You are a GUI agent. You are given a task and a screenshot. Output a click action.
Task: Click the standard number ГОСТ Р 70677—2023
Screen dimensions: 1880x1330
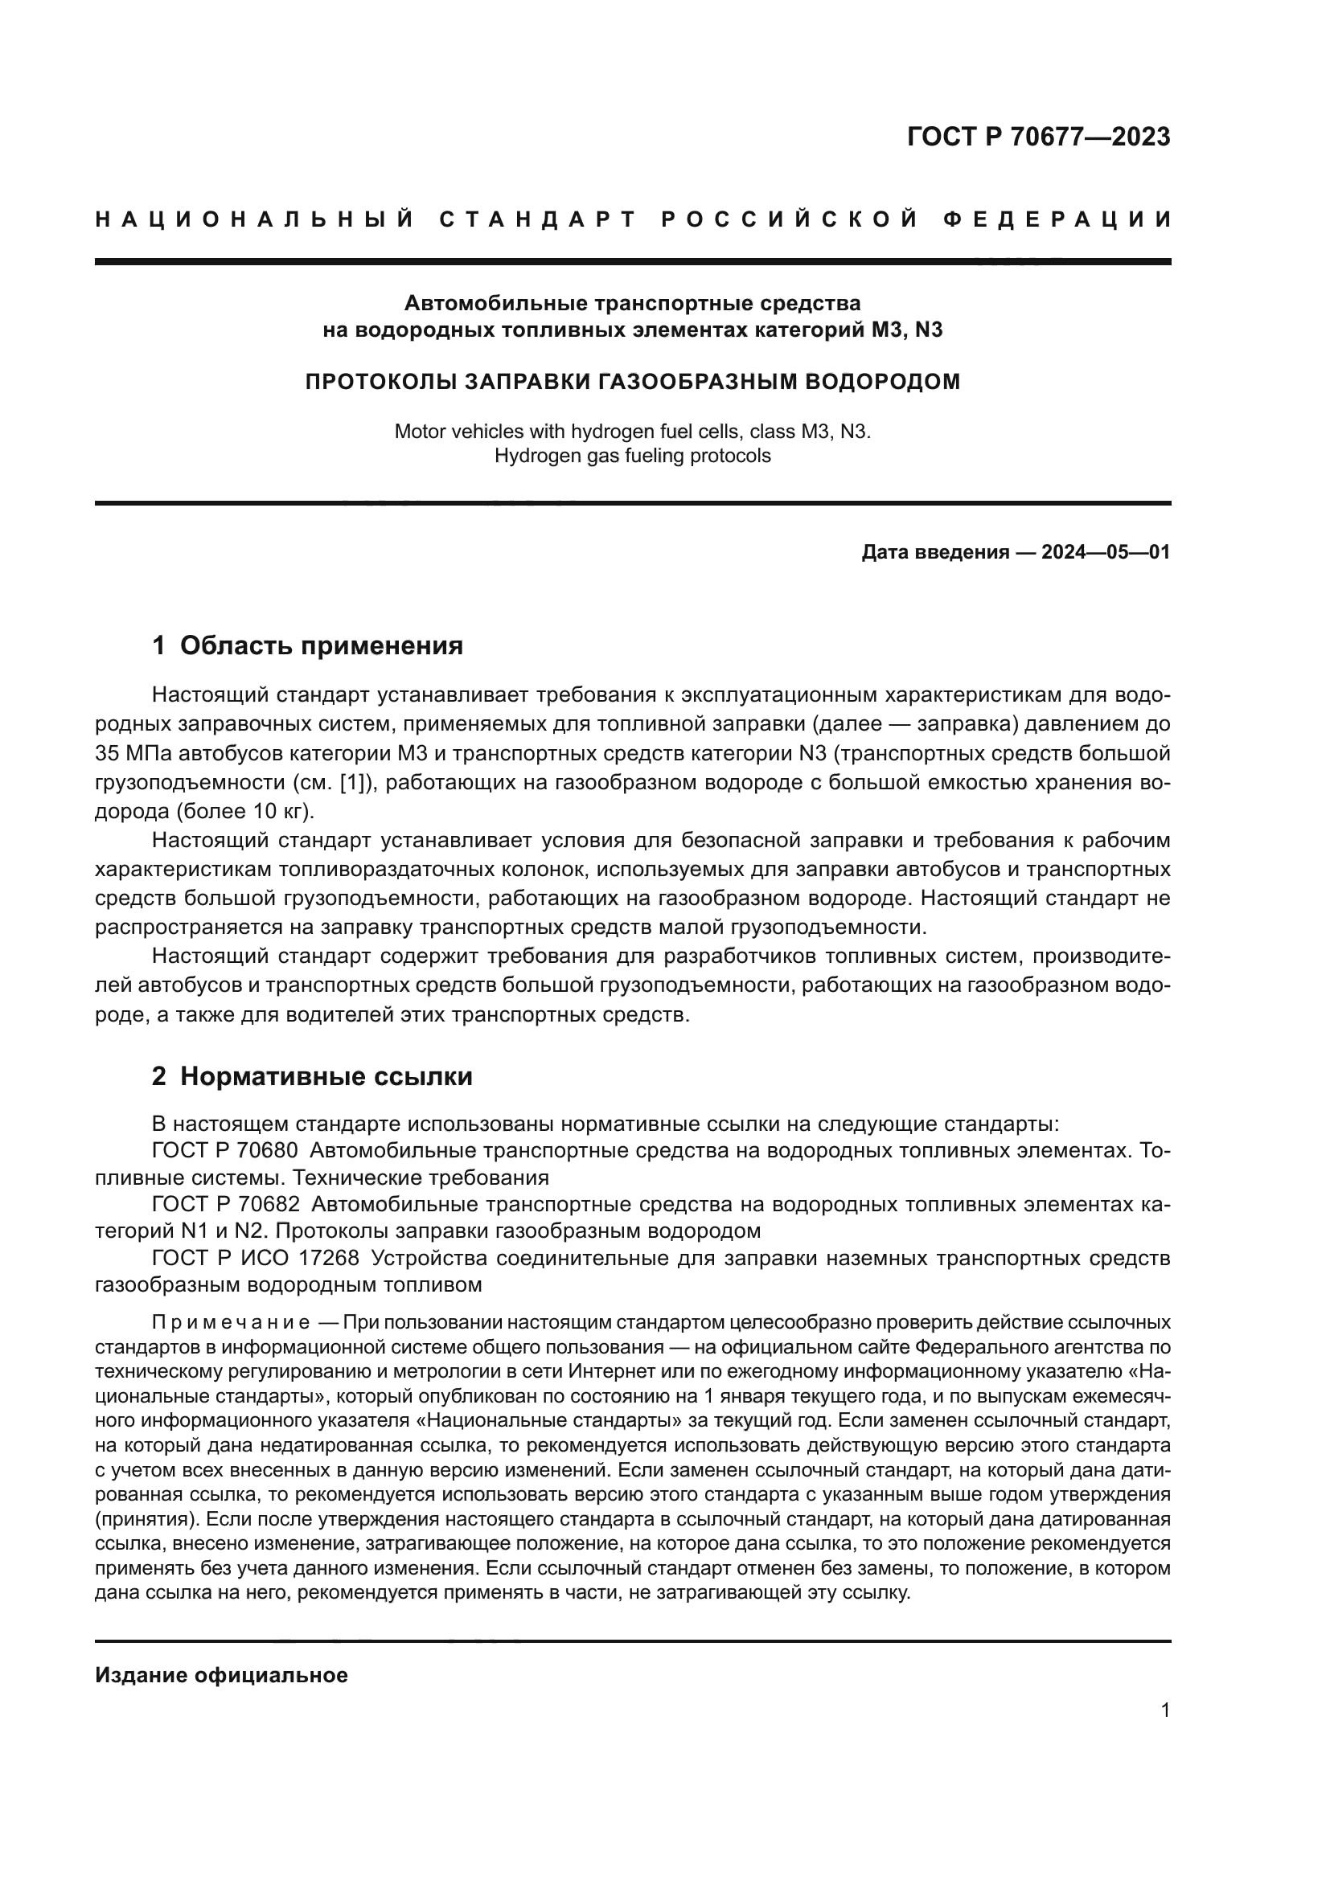coord(1038,137)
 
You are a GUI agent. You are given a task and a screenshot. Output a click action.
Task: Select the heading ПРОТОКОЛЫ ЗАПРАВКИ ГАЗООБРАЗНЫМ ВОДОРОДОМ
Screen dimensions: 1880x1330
coord(632,382)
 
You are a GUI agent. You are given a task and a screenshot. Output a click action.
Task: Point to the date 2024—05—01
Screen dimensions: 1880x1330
coord(1106,552)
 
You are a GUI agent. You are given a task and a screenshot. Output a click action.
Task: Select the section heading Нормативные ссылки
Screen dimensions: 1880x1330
coord(326,1076)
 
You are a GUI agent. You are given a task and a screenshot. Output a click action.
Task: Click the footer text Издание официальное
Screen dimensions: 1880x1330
coord(221,1675)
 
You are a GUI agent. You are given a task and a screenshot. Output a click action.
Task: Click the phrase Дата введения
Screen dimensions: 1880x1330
coord(934,552)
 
